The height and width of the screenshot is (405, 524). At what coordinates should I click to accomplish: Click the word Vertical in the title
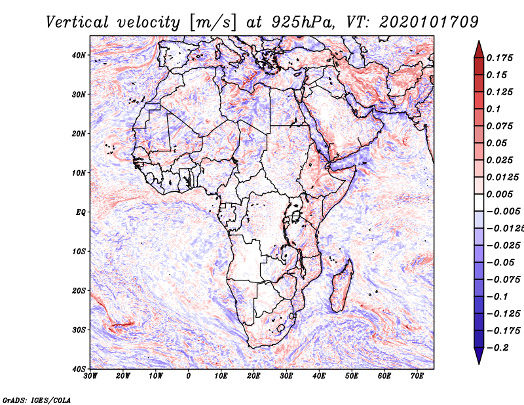point(77,22)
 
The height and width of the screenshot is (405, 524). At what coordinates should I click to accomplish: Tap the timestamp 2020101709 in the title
point(429,22)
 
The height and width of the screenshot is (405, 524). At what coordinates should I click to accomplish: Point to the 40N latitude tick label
point(79,55)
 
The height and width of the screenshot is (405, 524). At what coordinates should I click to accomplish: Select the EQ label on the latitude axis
point(81,212)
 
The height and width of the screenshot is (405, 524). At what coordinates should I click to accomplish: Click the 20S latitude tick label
point(79,290)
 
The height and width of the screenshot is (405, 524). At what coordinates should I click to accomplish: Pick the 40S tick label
point(79,369)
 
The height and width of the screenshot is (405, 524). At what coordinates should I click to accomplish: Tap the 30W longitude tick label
point(90,376)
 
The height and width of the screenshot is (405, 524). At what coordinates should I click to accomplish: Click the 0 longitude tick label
point(189,376)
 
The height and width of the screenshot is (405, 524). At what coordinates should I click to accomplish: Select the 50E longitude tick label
point(352,376)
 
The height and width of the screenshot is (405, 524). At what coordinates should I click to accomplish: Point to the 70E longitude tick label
point(417,376)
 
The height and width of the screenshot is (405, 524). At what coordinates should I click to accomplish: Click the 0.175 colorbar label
point(500,58)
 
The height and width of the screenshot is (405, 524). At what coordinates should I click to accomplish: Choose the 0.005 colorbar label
point(500,194)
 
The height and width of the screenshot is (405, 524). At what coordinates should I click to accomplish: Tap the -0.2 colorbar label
point(497,348)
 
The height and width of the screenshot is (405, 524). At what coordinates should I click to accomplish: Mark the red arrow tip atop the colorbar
point(479,41)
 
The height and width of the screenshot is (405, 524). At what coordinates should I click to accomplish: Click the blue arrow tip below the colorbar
point(479,364)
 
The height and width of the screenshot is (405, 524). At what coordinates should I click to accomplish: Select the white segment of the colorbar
point(479,202)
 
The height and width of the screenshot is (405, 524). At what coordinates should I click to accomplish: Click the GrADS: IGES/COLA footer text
point(37,400)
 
